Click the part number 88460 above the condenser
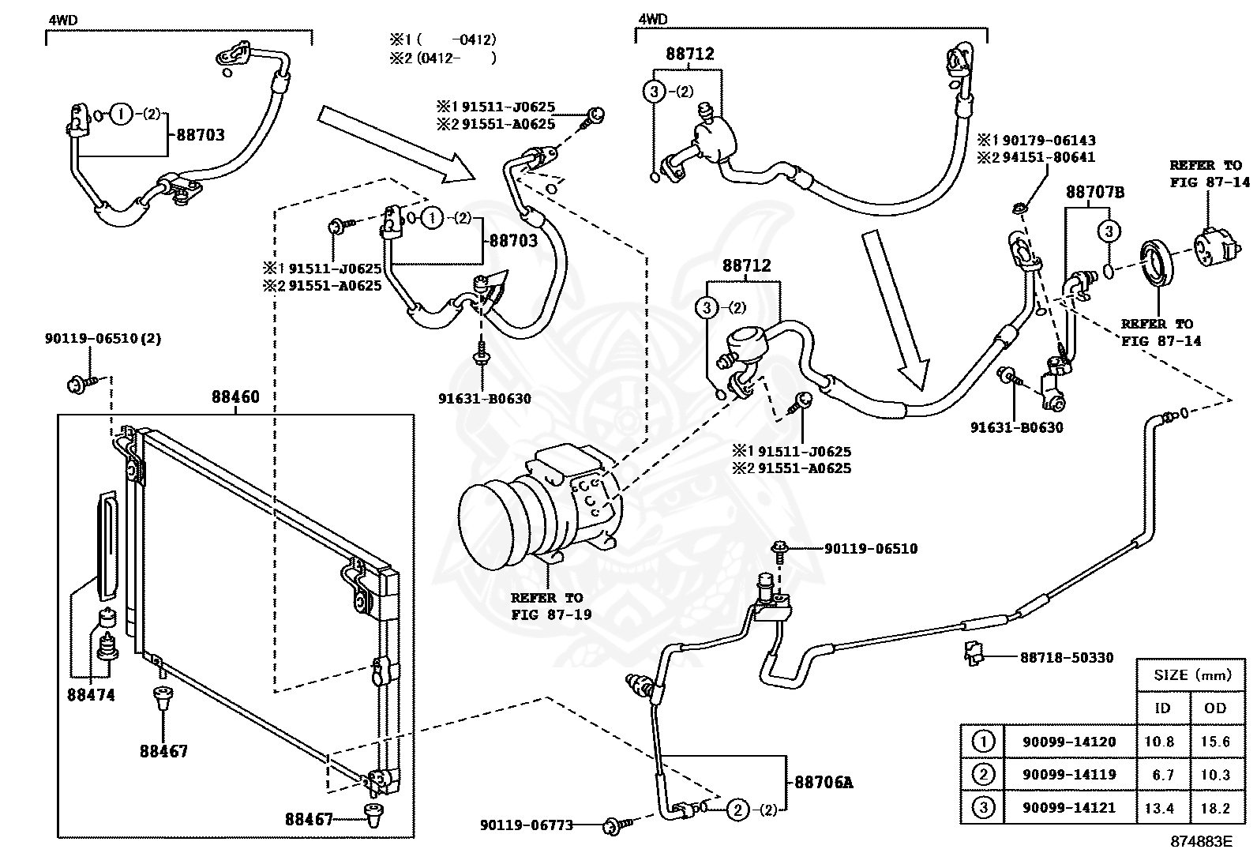(x=235, y=397)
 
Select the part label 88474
(x=92, y=695)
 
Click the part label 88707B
(x=1095, y=192)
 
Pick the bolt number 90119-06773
(x=527, y=825)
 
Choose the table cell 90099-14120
(x=1069, y=742)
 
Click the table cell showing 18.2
(x=1215, y=808)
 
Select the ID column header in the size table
(x=1162, y=708)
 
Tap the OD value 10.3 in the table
(x=1215, y=775)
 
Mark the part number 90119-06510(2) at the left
(x=103, y=339)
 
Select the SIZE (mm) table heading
(x=1192, y=675)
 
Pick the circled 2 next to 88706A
(x=737, y=809)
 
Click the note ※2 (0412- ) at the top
(x=443, y=57)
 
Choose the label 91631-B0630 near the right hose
(x=1016, y=428)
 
